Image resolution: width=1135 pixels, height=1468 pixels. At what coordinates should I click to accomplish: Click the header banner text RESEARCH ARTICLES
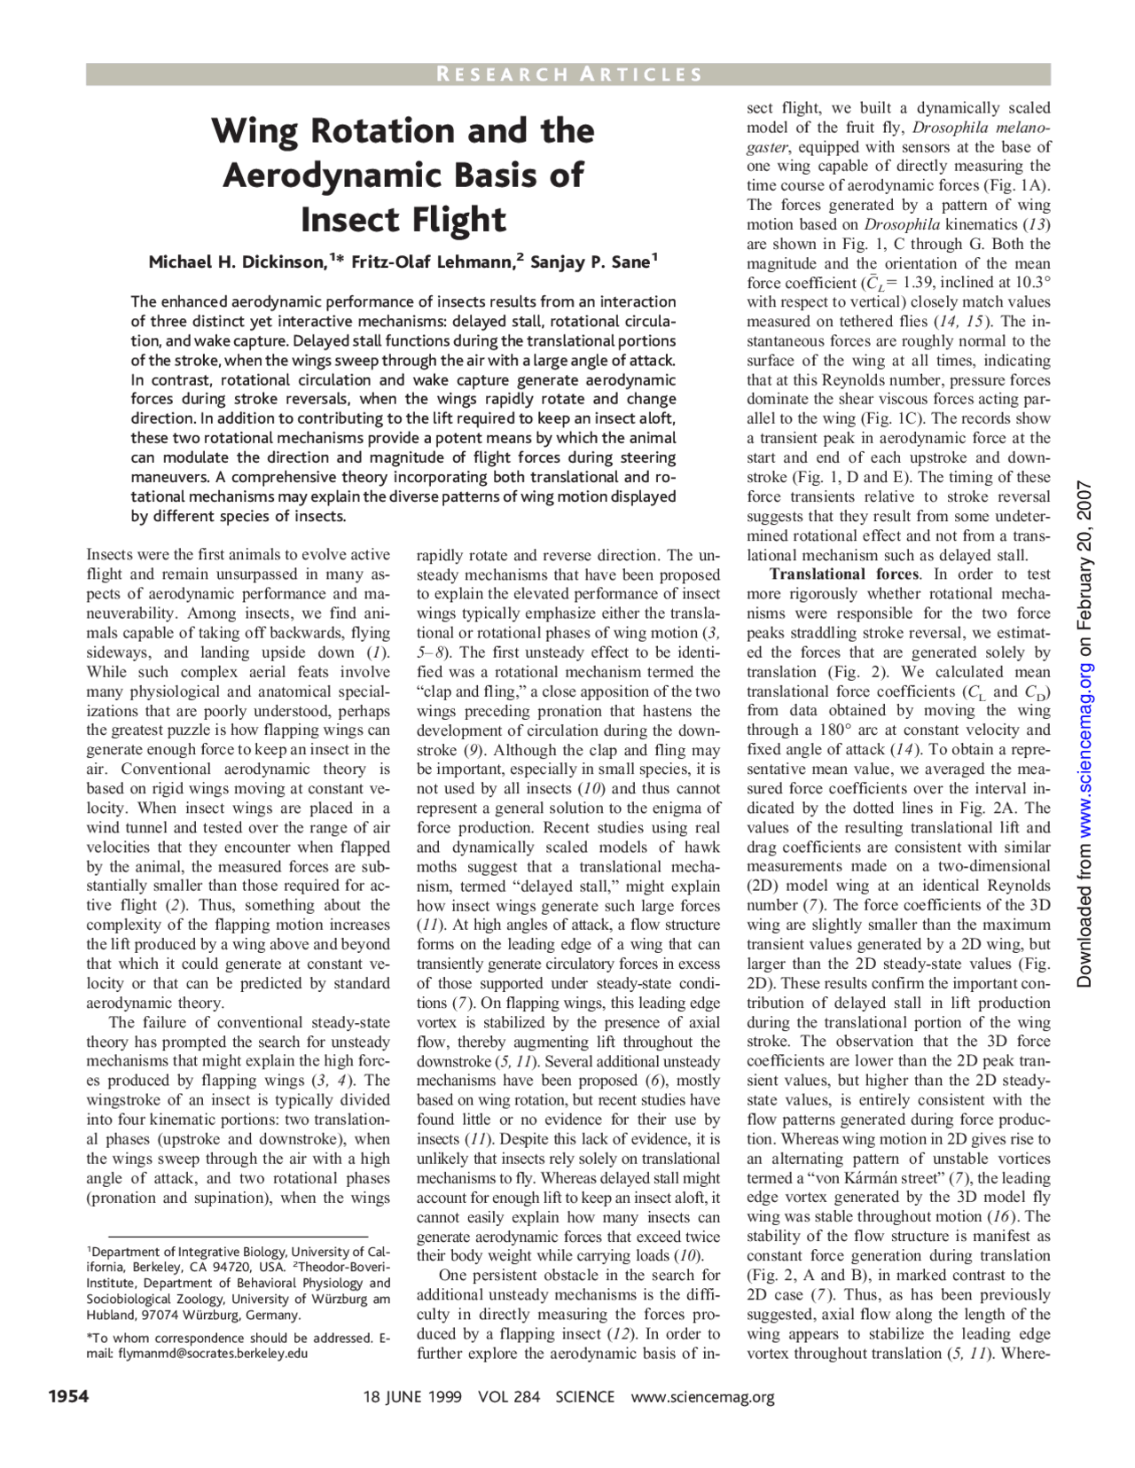coord(568,74)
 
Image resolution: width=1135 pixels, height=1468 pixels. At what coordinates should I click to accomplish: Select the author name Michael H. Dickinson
coord(237,262)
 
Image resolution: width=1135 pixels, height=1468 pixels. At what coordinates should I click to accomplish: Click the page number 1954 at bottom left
coord(67,1397)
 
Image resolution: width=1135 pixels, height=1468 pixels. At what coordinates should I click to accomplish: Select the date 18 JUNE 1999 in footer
coord(412,1397)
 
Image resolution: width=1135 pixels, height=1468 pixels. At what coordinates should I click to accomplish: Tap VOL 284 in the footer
coord(508,1397)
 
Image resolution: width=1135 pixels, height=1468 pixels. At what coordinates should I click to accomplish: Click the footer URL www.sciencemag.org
coord(702,1397)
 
